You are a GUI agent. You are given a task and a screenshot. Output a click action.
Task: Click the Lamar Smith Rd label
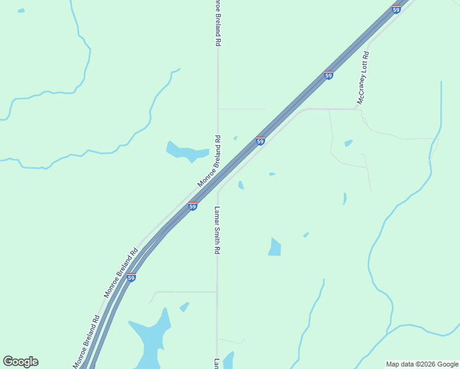pyautogui.click(x=216, y=231)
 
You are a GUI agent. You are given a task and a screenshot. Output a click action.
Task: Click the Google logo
pyautogui.click(x=20, y=362)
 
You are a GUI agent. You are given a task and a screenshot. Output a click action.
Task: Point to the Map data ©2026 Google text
pyautogui.click(x=421, y=364)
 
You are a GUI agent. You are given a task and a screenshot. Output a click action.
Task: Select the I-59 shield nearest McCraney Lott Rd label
pyautogui.click(x=328, y=75)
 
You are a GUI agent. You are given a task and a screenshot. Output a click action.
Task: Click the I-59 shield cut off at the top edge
pyautogui.click(x=396, y=9)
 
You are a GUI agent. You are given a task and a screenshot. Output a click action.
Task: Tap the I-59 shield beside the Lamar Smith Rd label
pyautogui.click(x=192, y=207)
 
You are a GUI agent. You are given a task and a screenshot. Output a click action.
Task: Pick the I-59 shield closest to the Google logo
pyautogui.click(x=131, y=277)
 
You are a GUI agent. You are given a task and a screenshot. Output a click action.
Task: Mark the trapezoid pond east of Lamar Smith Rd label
pyautogui.click(x=274, y=247)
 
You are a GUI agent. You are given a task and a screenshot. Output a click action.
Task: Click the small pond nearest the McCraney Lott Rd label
pyautogui.click(x=349, y=143)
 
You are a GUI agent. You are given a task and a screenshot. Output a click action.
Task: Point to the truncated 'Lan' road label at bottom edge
pyautogui.click(x=216, y=363)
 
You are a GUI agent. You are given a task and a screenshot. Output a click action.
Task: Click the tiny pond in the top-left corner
pyautogui.click(x=22, y=11)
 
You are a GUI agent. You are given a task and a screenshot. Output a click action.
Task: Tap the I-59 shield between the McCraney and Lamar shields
pyautogui.click(x=260, y=141)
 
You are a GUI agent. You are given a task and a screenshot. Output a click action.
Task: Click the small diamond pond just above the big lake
pyautogui.click(x=184, y=306)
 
